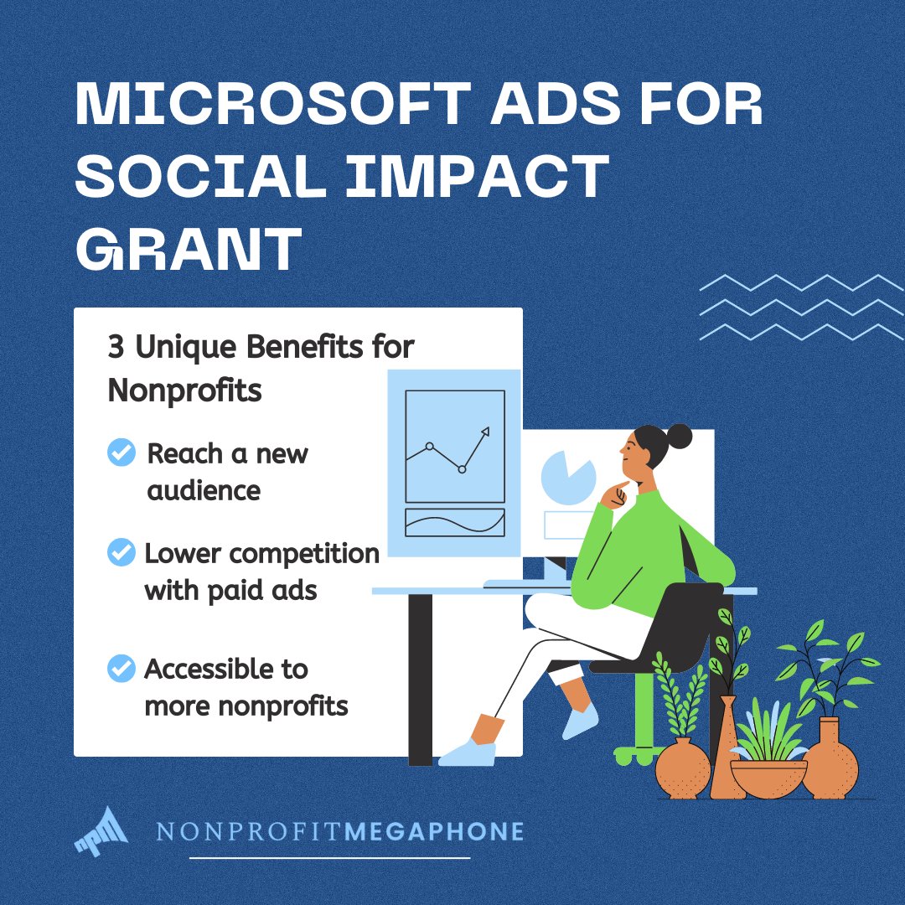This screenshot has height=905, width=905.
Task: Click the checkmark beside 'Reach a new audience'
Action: point(122,453)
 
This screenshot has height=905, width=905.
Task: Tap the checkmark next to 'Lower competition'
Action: point(122,553)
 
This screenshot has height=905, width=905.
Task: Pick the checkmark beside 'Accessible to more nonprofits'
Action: point(122,668)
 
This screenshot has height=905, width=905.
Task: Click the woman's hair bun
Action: point(678,436)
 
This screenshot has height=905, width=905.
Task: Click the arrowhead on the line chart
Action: point(484,432)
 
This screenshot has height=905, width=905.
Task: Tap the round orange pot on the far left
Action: point(682,768)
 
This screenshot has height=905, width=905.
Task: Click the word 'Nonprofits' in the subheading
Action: point(184,390)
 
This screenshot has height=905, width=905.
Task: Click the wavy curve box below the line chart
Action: point(455,522)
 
